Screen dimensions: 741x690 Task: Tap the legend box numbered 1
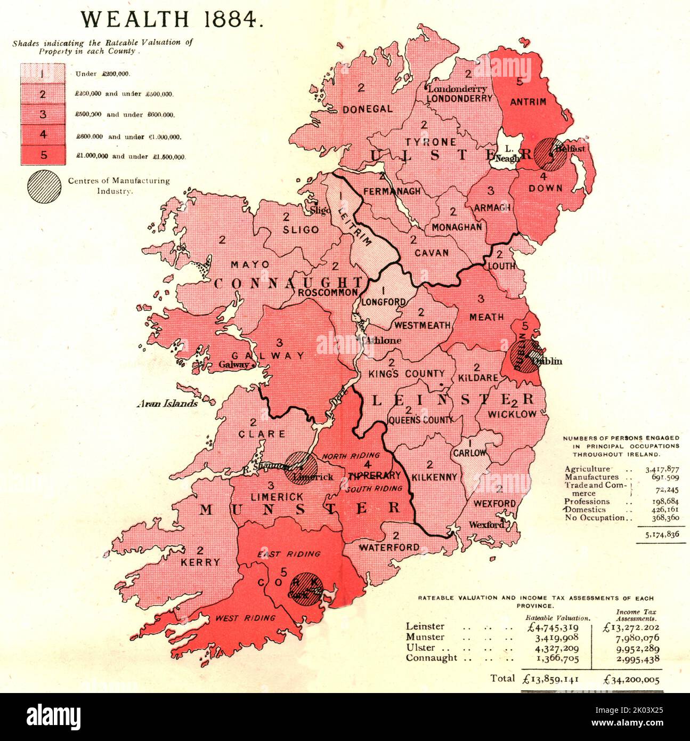click(x=42, y=73)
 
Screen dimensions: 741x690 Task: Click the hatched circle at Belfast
click(x=550, y=154)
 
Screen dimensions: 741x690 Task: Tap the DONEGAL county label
click(x=368, y=109)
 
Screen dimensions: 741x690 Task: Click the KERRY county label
click(x=200, y=562)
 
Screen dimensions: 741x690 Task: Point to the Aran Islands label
click(x=167, y=404)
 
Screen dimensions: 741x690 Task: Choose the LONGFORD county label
click(x=384, y=302)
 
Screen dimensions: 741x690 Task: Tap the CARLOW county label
click(x=469, y=453)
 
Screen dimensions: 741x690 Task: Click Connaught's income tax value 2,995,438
click(x=632, y=658)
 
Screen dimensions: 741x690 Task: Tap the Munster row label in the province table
click(x=425, y=637)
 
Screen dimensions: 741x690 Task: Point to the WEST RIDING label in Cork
click(x=246, y=618)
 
